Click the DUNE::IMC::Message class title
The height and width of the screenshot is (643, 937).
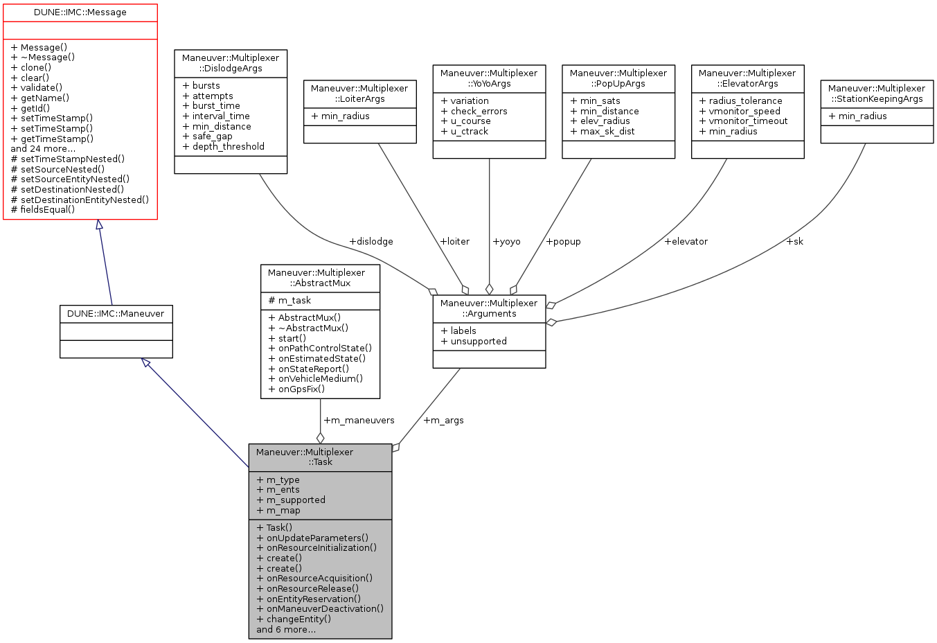tap(80, 12)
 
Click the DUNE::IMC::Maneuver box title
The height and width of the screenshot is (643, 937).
tap(116, 313)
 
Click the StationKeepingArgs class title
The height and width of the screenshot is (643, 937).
tap(877, 94)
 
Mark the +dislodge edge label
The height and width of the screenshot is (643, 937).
tap(371, 241)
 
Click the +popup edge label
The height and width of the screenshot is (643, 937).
tap(563, 241)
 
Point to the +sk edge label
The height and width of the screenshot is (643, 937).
tap(794, 241)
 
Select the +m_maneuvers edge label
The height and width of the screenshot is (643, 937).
tap(359, 420)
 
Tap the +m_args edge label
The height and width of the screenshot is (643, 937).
tap(443, 420)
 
